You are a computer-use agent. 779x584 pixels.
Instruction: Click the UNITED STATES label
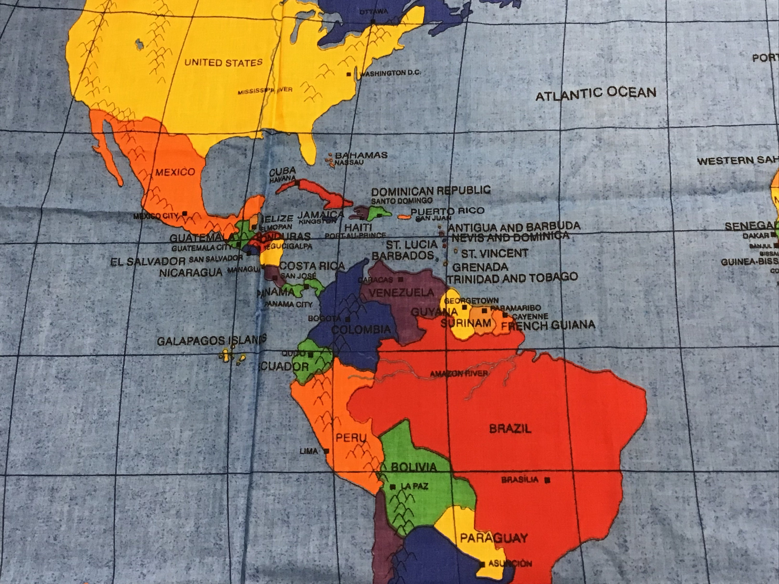pyautogui.click(x=224, y=63)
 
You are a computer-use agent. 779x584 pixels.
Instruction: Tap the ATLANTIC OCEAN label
pyautogui.click(x=596, y=93)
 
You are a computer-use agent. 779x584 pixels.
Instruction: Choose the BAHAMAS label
pyautogui.click(x=361, y=155)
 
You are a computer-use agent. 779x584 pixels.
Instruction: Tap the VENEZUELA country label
pyautogui.click(x=401, y=293)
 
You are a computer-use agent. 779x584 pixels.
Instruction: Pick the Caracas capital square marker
pyautogui.click(x=400, y=280)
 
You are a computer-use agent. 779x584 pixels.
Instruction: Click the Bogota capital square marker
pyautogui.click(x=348, y=319)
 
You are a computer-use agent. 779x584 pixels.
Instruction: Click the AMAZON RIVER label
pyautogui.click(x=459, y=374)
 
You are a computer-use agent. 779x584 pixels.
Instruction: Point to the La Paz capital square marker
pyautogui.click(x=393, y=487)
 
